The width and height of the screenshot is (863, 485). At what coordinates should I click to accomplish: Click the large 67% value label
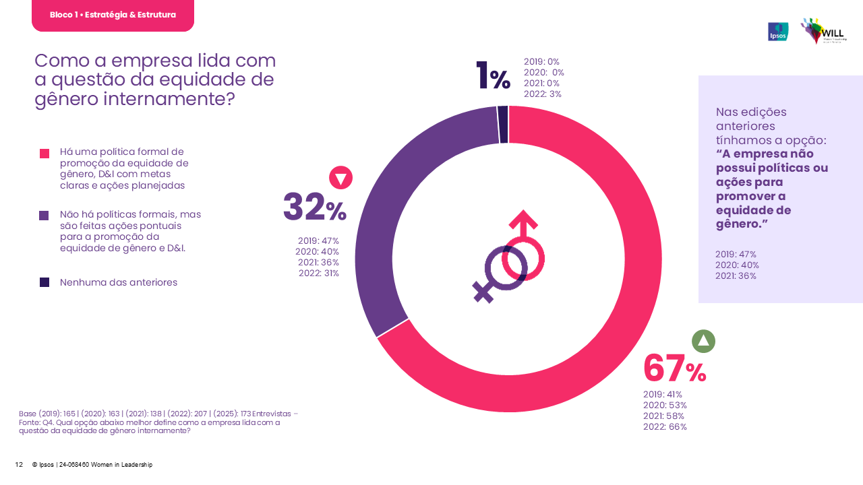(674, 368)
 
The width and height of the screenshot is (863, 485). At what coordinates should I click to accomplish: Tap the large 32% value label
(314, 207)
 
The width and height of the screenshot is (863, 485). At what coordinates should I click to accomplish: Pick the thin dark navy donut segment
(503, 125)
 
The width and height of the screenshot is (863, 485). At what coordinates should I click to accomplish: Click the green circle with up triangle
(703, 342)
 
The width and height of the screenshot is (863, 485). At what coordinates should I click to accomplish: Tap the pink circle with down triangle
(340, 178)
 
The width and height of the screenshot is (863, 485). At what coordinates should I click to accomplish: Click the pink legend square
(44, 154)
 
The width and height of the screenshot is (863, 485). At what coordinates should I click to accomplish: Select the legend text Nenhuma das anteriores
(119, 282)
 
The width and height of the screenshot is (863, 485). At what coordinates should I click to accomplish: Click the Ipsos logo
(778, 32)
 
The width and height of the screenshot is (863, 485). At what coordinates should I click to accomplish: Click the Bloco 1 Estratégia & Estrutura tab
(113, 15)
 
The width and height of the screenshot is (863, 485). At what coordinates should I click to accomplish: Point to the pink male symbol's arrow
(523, 220)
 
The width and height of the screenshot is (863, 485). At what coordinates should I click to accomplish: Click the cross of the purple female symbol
(483, 292)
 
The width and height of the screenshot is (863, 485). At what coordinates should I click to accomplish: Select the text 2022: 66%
(665, 426)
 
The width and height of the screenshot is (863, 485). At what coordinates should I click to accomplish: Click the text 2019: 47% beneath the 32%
(318, 240)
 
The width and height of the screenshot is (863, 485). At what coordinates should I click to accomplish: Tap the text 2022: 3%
(543, 94)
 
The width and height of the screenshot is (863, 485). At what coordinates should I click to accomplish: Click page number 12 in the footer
(19, 465)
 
